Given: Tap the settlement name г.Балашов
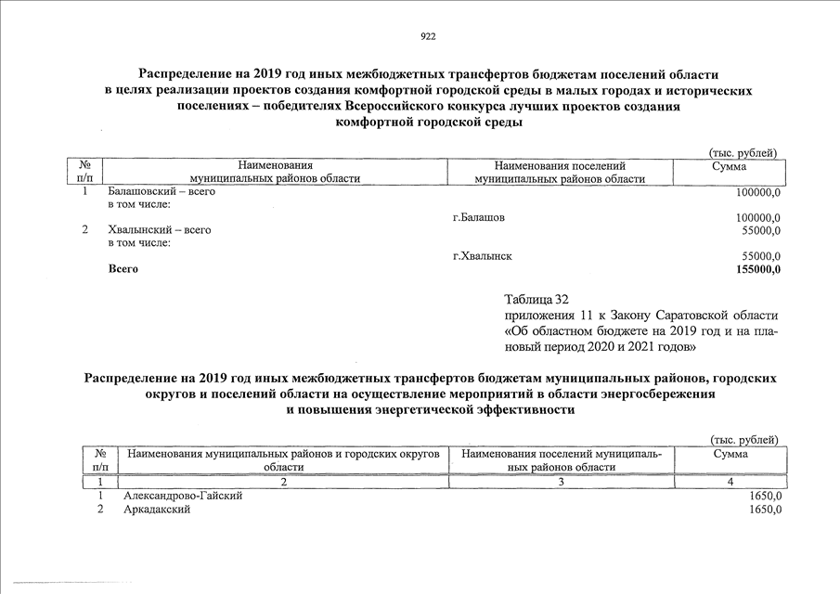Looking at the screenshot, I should pos(479,217).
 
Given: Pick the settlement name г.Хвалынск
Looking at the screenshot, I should pos(483,255).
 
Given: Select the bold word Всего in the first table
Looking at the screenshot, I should pos(123,269).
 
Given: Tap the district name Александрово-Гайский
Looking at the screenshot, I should pos(183,497).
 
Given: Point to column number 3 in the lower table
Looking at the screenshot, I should pos(562,482).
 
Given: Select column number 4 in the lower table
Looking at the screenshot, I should pos(730,482).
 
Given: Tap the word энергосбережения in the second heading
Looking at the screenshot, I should pos(653,394).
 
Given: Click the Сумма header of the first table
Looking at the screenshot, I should pos(729,165).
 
